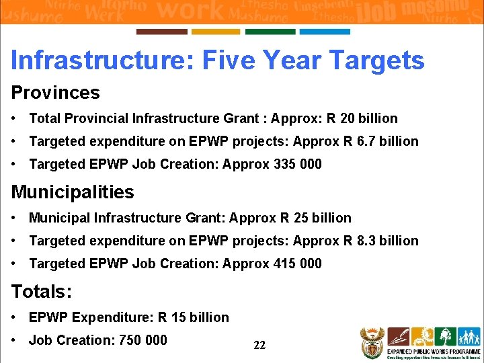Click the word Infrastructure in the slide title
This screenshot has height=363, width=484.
[x=102, y=61]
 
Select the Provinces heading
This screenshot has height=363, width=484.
[x=55, y=93]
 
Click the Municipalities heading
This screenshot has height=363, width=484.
[x=73, y=192]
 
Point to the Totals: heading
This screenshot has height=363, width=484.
[x=42, y=292]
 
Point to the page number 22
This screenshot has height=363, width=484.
[x=259, y=346]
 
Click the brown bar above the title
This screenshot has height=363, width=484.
[x=161, y=32]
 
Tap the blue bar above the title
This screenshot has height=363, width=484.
[x=325, y=32]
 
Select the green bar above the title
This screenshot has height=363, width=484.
[x=270, y=32]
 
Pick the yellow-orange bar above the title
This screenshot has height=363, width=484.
[x=216, y=32]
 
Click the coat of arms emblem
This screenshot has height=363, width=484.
[x=371, y=343]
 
